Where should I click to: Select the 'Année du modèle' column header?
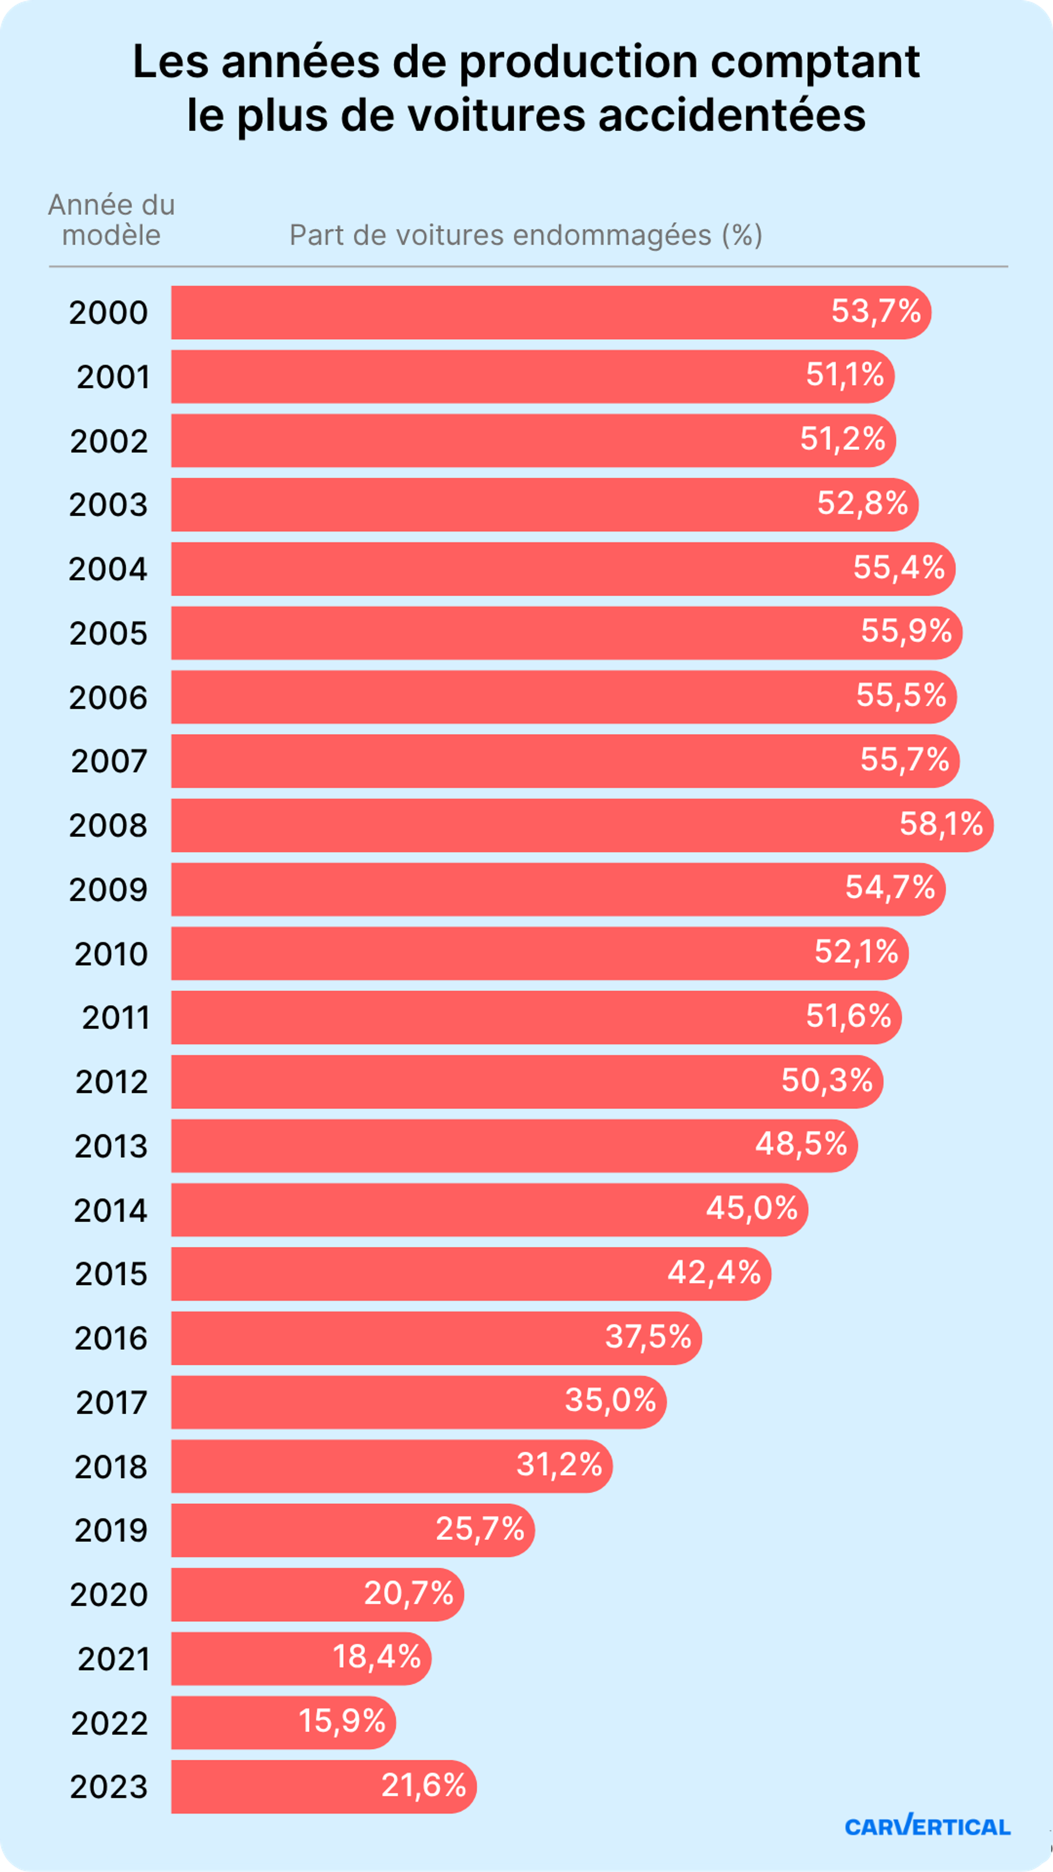(111, 220)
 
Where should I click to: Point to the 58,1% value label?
(940, 824)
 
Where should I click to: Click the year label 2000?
(108, 313)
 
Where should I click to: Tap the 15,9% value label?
(342, 1721)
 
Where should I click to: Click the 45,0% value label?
(751, 1208)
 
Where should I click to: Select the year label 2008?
(108, 826)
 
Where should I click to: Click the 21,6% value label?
(424, 1785)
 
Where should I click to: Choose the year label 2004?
(108, 569)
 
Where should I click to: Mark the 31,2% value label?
(559, 1464)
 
